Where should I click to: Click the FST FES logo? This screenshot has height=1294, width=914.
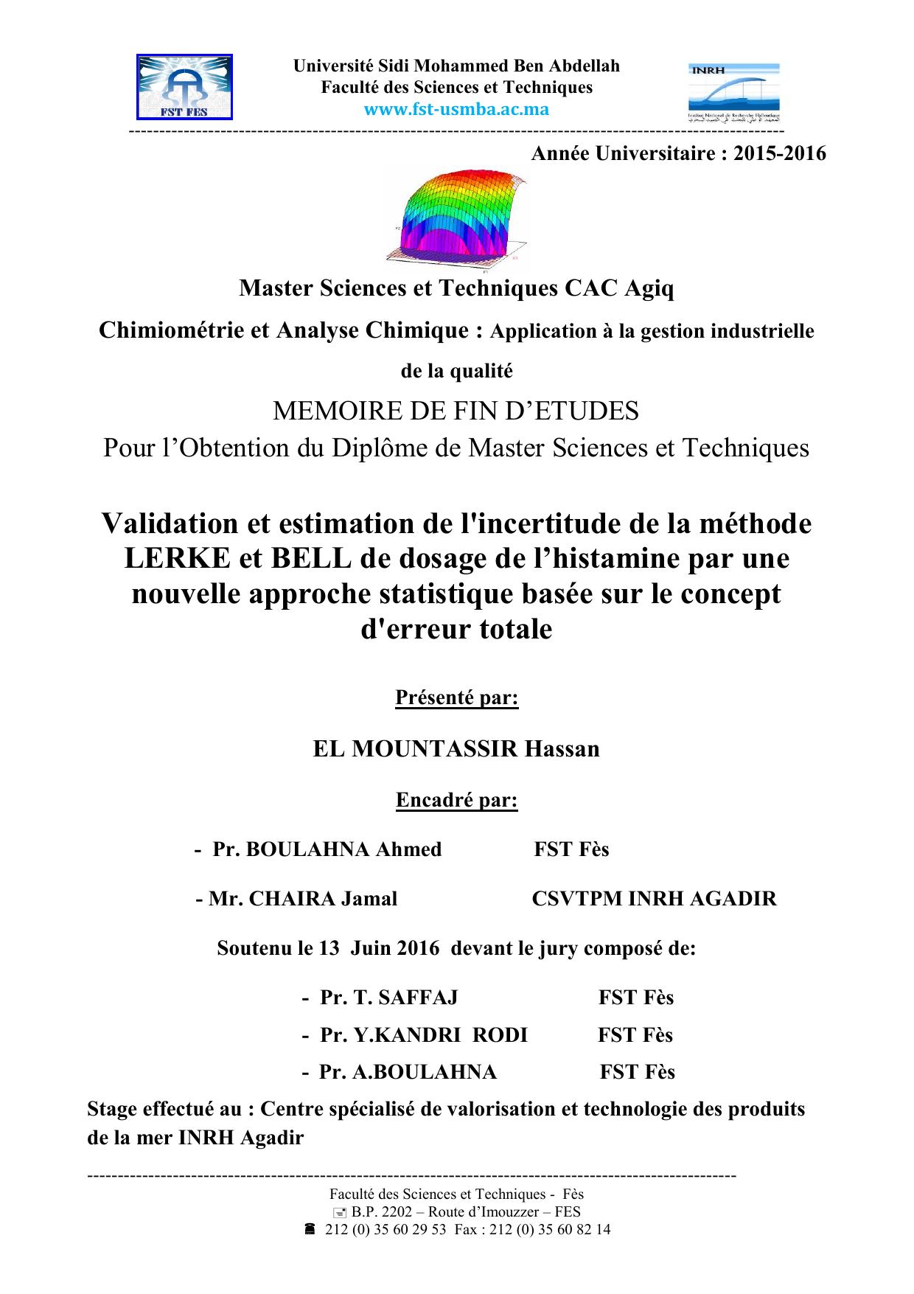click(185, 87)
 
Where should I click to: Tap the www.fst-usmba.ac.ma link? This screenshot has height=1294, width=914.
click(457, 110)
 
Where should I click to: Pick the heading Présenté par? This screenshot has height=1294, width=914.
click(457, 698)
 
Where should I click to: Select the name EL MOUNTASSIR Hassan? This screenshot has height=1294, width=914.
click(456, 749)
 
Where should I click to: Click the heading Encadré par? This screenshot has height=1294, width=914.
click(457, 800)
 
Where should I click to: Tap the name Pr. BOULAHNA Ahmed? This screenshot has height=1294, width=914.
click(327, 849)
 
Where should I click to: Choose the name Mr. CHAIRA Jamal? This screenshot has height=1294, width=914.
click(302, 899)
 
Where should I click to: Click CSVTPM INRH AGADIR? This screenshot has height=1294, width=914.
click(654, 899)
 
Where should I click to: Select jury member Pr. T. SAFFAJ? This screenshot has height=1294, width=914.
click(388, 998)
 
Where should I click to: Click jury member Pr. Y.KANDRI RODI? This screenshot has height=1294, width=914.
click(423, 1035)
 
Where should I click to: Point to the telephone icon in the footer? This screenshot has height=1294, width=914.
click(310, 1229)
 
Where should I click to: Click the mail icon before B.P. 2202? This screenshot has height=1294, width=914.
click(339, 1212)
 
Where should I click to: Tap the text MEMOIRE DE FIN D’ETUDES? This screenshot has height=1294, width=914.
click(456, 411)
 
